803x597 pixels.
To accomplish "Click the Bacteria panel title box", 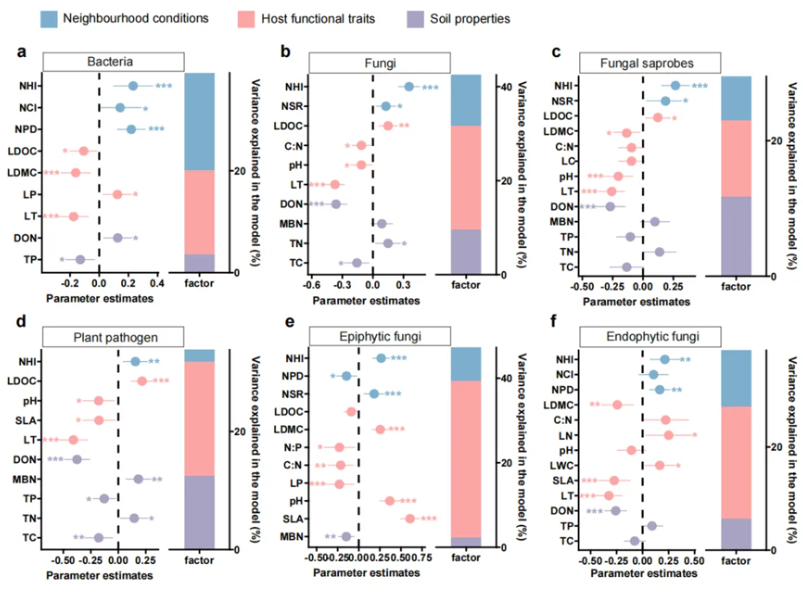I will [x=113, y=62].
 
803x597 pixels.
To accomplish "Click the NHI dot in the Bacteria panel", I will [x=133, y=86].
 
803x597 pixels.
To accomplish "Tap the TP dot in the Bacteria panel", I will [x=80, y=259].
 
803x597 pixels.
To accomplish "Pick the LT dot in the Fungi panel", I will [x=335, y=185].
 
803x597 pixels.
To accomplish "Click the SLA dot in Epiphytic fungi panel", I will [x=410, y=518].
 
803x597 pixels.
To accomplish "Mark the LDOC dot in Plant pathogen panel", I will [x=142, y=380].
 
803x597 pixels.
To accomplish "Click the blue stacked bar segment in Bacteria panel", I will [x=200, y=121].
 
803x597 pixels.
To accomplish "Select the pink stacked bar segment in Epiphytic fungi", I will [x=466, y=458].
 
